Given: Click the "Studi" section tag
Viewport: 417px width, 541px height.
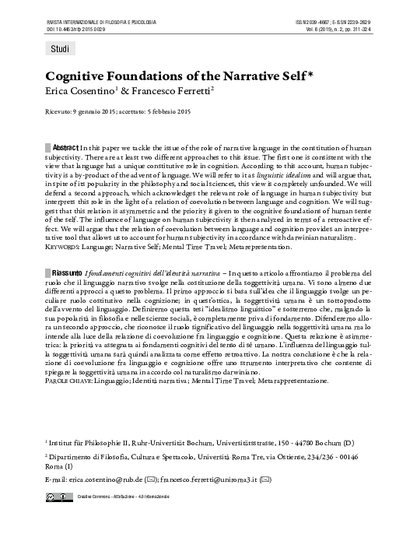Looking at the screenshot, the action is [x=59, y=49].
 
